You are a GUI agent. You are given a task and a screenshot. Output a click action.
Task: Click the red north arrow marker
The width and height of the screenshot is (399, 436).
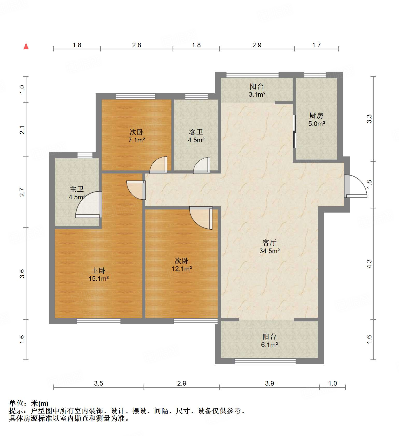[x=26, y=46]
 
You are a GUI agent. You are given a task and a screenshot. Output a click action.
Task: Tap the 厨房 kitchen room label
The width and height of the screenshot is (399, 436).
[x=316, y=116]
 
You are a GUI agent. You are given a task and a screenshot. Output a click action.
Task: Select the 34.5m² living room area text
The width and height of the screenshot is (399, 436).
[x=269, y=251]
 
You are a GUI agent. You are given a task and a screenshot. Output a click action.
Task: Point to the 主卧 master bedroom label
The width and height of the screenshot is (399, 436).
[x=98, y=270]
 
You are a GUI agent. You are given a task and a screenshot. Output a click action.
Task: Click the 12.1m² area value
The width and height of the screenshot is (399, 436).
[x=182, y=269]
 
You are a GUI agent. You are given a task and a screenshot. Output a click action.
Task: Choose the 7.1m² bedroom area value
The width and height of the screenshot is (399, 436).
[x=137, y=140]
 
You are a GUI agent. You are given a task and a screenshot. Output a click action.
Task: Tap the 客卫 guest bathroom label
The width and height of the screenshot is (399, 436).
[x=196, y=132]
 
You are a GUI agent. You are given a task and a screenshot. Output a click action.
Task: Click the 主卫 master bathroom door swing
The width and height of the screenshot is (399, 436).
[x=88, y=204]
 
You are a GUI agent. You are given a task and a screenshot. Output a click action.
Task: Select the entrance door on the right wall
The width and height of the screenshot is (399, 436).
[x=355, y=186]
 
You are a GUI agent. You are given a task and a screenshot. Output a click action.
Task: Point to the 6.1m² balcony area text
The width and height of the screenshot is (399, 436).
[x=269, y=345]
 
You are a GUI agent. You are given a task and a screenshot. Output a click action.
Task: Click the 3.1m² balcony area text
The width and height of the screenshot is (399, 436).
[x=257, y=94]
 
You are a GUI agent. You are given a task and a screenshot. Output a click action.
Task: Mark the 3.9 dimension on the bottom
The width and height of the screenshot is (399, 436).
[x=269, y=383]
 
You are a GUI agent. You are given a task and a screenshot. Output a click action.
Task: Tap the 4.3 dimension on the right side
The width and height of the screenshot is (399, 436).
[x=369, y=264]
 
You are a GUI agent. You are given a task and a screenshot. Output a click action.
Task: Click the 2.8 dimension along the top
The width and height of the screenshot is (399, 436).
[x=137, y=45]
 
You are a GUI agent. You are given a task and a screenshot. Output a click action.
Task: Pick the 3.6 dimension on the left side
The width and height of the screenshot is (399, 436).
[x=22, y=274]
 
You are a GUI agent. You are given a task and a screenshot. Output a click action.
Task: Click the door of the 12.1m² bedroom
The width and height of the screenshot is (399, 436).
[x=201, y=218]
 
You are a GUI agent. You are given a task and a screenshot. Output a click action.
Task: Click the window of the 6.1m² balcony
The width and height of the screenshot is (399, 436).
[x=265, y=361]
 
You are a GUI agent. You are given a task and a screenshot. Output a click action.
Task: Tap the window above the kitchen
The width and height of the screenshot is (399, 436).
[x=315, y=75]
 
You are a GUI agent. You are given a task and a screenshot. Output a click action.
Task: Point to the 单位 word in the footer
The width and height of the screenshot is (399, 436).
[x=16, y=403]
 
